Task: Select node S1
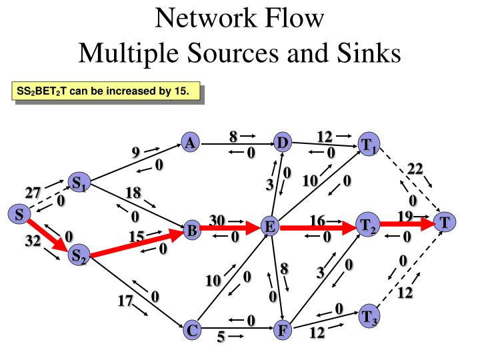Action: click(79, 182)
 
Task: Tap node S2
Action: click(79, 255)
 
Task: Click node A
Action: click(190, 143)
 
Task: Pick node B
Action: click(191, 231)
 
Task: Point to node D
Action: click(283, 143)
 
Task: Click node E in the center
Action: click(269, 227)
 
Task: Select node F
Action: click(281, 329)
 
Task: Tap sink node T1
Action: click(368, 145)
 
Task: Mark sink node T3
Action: click(368, 316)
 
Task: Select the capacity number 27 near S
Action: click(33, 193)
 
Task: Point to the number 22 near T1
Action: click(415, 169)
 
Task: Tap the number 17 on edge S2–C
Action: click(125, 301)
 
